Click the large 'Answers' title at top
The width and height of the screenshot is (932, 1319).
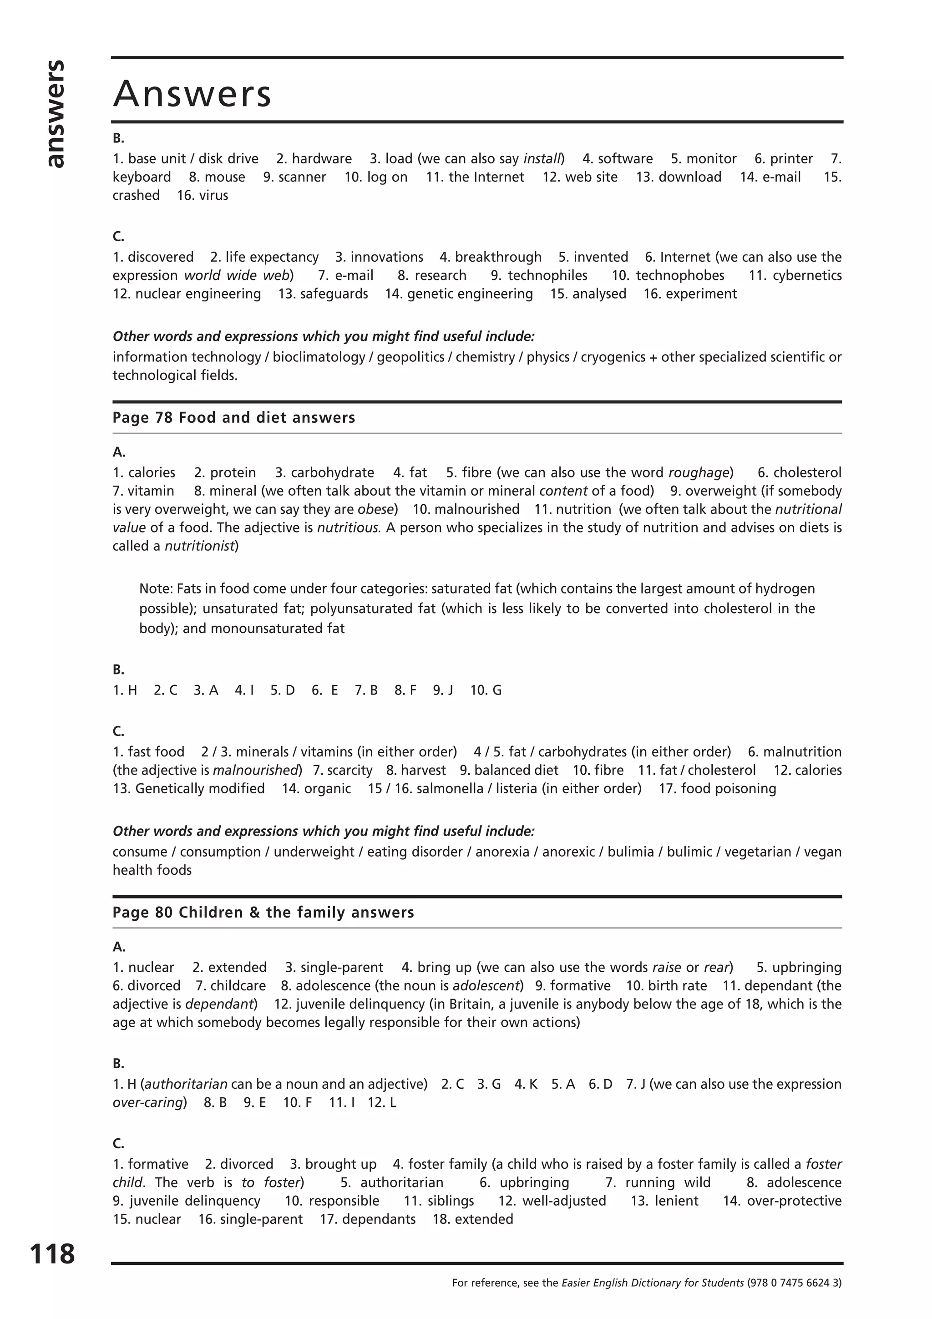click(192, 94)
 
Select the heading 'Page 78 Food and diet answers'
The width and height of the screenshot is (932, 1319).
click(234, 418)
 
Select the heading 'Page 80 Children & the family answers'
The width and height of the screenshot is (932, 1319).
click(263, 912)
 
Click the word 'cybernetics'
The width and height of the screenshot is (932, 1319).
click(807, 275)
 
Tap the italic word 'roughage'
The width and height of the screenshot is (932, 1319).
click(698, 472)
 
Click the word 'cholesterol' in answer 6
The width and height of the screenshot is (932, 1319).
click(807, 472)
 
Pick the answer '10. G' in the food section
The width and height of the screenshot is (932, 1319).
click(486, 690)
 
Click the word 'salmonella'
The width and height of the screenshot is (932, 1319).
click(450, 788)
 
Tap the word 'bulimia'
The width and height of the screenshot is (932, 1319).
click(631, 852)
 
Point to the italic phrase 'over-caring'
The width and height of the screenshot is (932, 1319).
click(147, 1102)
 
